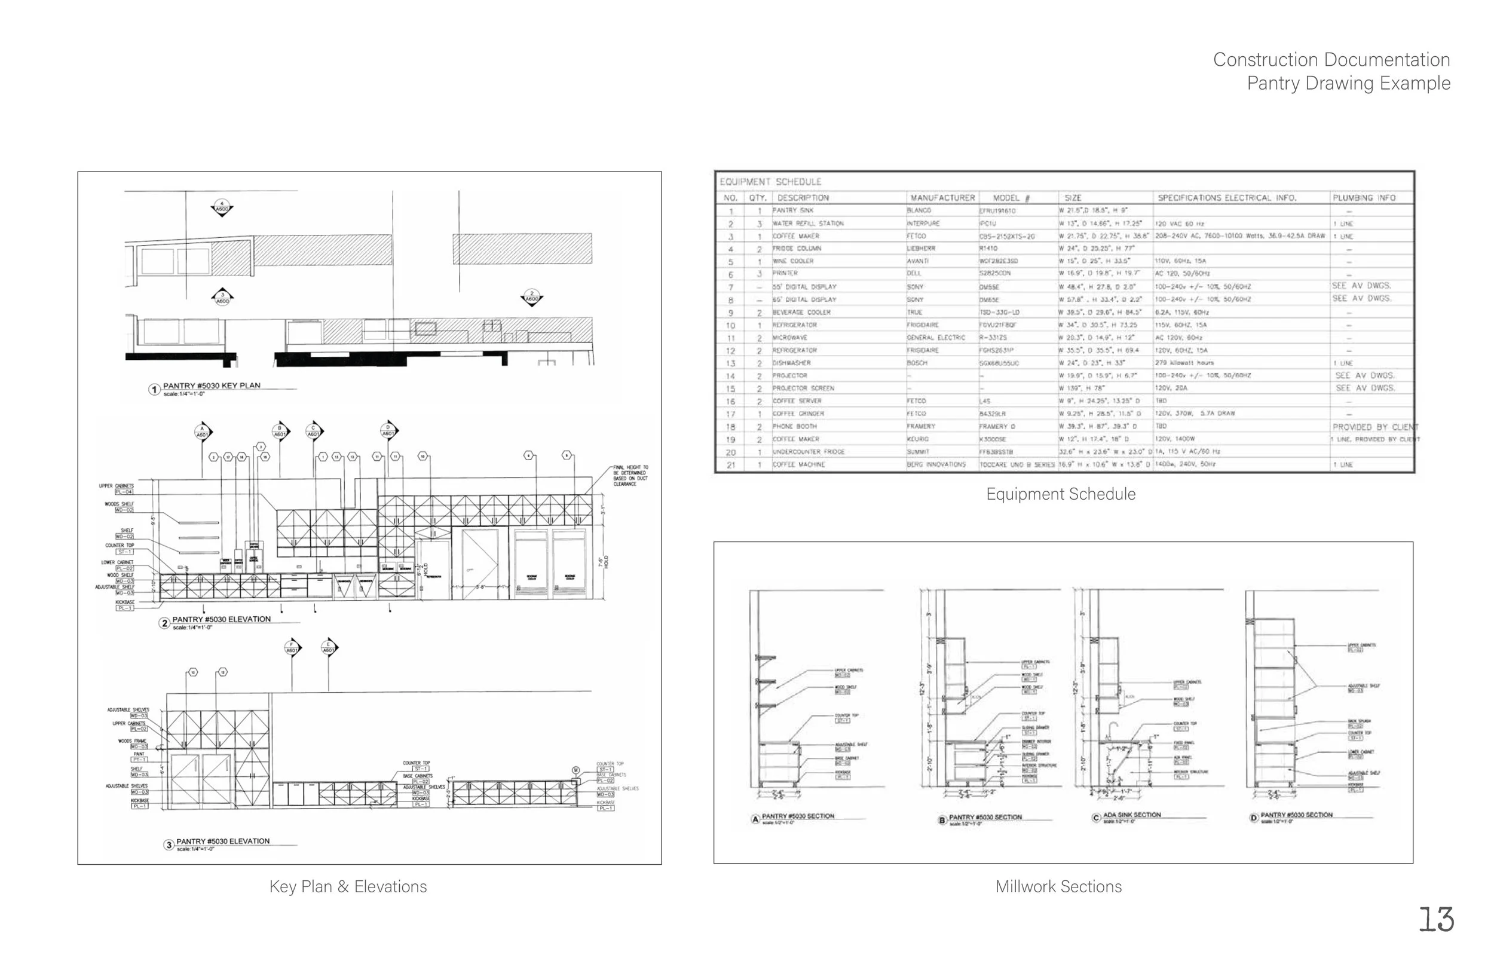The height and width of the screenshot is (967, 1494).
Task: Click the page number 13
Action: click(1436, 920)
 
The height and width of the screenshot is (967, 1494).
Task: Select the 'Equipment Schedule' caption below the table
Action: click(1060, 494)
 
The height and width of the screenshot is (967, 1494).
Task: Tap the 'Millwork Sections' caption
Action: click(1058, 887)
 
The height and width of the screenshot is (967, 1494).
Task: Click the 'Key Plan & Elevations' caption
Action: click(348, 887)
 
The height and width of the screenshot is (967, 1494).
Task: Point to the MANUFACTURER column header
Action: click(942, 198)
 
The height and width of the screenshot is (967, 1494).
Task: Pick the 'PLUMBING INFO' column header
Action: click(1364, 198)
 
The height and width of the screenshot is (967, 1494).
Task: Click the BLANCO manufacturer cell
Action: click(919, 211)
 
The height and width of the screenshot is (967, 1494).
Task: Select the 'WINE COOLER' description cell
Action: click(793, 261)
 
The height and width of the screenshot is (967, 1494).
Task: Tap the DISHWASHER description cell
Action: click(792, 363)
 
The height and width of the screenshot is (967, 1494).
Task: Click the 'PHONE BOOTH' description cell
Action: click(794, 426)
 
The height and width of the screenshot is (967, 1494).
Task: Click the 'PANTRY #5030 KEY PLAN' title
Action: click(212, 385)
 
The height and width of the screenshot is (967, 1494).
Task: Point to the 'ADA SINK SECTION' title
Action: click(1132, 815)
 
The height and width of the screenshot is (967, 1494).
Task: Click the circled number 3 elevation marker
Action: click(169, 844)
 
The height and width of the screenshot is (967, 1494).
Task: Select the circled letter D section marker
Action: click(1254, 818)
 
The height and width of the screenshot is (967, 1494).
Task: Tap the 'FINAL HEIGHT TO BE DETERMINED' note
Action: click(630, 475)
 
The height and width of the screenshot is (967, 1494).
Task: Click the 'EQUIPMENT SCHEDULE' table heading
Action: click(770, 182)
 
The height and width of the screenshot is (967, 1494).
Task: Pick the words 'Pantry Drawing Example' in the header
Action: click(1348, 83)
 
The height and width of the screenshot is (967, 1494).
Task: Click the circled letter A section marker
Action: click(756, 819)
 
